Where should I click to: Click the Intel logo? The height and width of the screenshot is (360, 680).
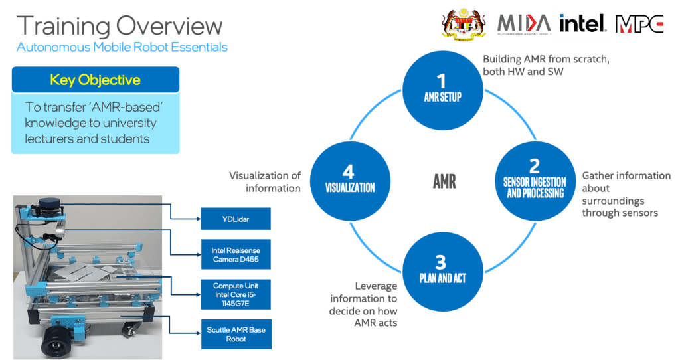[582, 24]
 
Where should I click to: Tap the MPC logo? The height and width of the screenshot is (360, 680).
[639, 24]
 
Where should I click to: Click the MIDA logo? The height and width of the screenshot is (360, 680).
[523, 25]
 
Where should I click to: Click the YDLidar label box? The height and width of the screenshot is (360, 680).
[235, 218]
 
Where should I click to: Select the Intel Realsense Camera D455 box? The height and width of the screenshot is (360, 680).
[235, 254]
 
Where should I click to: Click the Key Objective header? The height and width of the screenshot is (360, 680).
[96, 80]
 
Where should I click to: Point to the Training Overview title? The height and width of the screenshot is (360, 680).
[120, 26]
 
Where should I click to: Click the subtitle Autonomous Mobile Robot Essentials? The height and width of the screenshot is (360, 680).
[122, 47]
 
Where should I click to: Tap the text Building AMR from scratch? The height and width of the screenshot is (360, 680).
[546, 60]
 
